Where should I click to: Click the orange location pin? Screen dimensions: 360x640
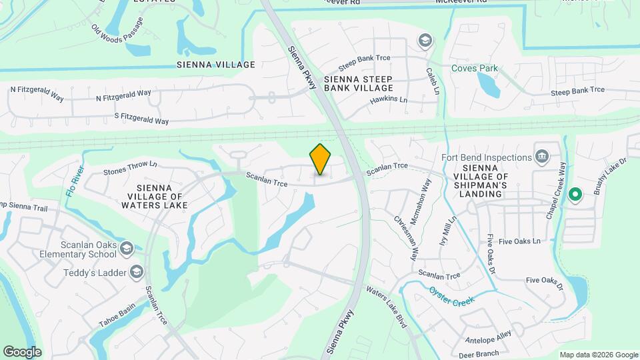pos(321,159)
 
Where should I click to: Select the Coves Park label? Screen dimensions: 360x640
pos(475,68)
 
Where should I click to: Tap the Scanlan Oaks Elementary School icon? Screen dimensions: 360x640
pos(127,249)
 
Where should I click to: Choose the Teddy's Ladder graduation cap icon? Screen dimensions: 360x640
pos(137,272)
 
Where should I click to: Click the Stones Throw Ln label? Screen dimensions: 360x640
pos(130,167)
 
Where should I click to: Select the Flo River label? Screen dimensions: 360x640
pos(75,180)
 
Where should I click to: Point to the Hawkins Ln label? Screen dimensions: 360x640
pos(388,101)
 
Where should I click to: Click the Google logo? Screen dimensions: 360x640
pos(22,351)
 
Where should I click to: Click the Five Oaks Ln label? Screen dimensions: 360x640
pos(519,241)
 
